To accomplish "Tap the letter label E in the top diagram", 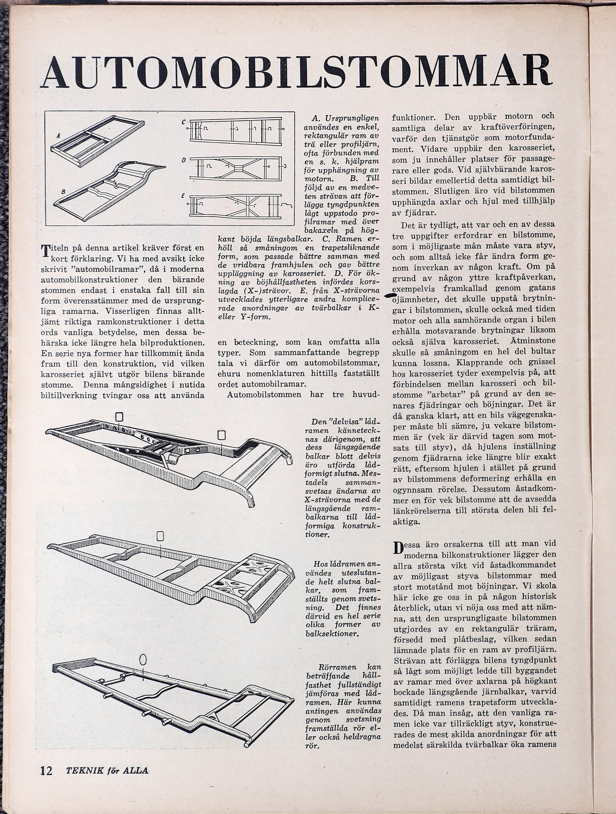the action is coord(183,196).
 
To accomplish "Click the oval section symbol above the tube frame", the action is coord(143,658).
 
